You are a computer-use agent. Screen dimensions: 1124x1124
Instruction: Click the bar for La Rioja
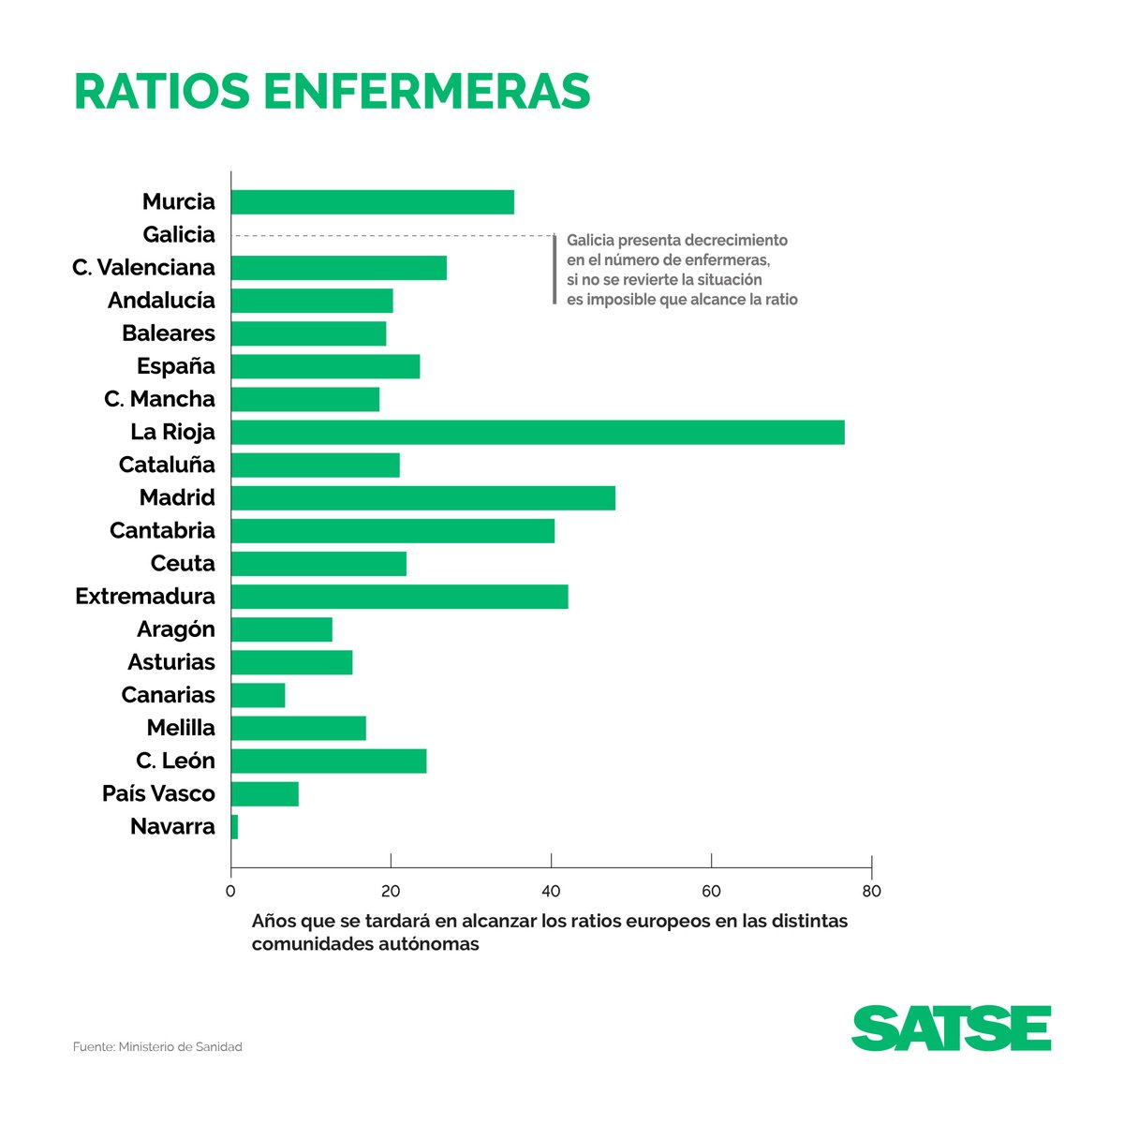pos(538,432)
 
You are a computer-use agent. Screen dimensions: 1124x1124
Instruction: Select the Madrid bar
pos(423,497)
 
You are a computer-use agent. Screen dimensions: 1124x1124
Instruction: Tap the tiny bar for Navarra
pos(234,826)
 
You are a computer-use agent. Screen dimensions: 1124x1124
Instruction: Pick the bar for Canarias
pos(258,695)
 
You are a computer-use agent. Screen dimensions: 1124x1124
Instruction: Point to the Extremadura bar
pos(399,597)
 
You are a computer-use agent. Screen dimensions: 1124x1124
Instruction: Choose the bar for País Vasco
pos(265,793)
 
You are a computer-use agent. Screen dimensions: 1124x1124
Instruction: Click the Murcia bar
pos(373,201)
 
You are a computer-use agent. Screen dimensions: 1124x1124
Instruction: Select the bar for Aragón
pos(282,629)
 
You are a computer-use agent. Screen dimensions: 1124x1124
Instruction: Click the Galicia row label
pos(178,234)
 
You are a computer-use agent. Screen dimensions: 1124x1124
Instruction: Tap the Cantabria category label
pos(162,530)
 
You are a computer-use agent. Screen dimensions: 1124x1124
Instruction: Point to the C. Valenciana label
pos(143,267)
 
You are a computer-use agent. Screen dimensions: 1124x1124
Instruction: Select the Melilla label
pos(181,728)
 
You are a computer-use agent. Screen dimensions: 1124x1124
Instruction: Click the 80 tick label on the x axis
pos(871,891)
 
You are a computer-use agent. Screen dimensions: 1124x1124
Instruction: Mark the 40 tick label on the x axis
pos(551,891)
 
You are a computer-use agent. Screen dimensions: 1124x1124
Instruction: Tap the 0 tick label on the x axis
pos(230,891)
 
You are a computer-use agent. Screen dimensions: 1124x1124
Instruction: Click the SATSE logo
pos(951,1028)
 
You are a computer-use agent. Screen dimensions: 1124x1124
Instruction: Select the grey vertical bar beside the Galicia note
pos(554,269)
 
